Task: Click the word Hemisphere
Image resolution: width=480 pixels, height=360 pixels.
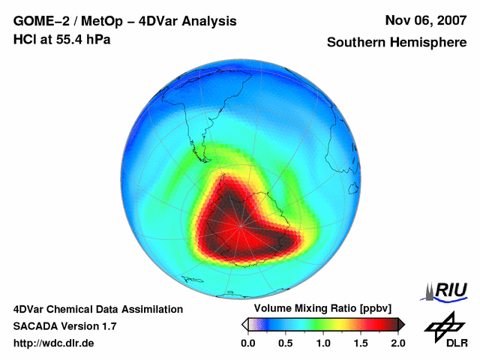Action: coord(430,43)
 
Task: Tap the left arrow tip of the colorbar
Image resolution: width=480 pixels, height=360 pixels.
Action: coord(244,324)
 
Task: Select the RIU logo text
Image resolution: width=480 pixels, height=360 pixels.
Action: coord(450,290)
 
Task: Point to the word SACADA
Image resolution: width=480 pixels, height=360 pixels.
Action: coord(36,326)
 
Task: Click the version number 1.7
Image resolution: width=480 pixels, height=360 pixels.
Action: coord(107,326)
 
